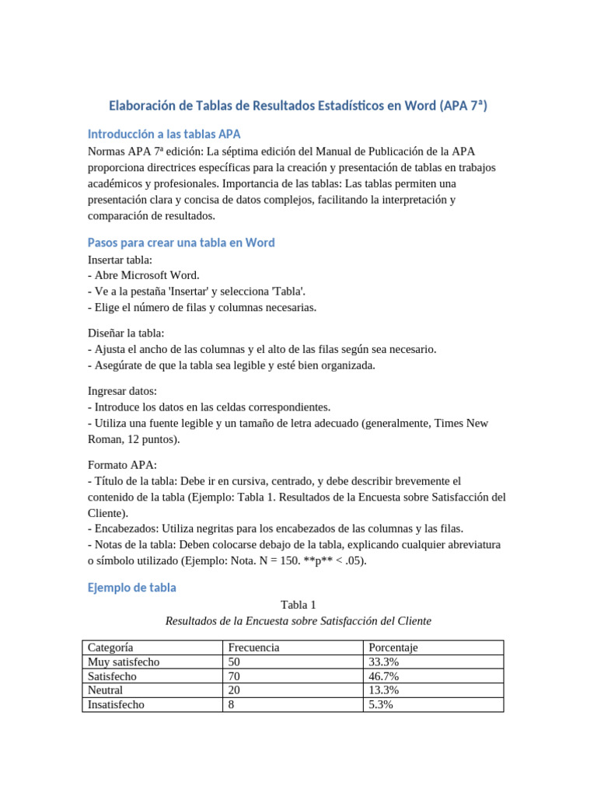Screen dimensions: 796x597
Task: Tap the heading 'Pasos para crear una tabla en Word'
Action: [181, 243]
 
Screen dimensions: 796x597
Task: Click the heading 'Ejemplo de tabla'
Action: [132, 588]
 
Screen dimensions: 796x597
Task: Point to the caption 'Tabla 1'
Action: [298, 605]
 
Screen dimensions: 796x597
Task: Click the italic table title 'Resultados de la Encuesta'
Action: [298, 621]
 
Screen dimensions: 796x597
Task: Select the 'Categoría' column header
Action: [110, 648]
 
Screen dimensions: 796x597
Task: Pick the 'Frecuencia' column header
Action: [253, 648]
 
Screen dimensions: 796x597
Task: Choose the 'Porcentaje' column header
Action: [393, 648]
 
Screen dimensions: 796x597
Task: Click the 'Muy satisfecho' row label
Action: [124, 662]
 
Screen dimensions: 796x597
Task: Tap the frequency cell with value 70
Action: [234, 676]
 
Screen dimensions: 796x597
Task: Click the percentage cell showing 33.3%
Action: [384, 662]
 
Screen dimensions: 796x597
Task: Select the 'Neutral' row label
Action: [106, 690]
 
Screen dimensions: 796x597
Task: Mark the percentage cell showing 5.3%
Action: [381, 705]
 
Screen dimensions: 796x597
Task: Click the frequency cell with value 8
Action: [231, 705]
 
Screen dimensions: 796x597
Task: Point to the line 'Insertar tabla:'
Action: [120, 260]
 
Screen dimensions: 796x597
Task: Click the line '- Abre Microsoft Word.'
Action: [144, 275]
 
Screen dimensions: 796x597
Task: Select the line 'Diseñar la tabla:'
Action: [126, 333]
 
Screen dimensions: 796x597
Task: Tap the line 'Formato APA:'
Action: [122, 465]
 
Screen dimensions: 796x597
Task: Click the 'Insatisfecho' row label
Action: [117, 705]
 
